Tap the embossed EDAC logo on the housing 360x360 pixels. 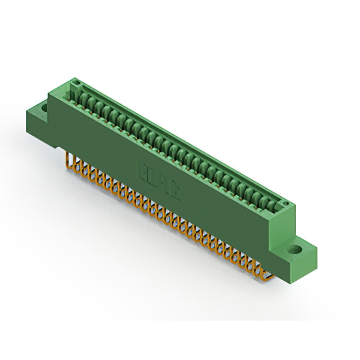pyautogui.click(x=159, y=181)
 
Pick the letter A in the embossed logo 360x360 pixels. pyautogui.click(x=164, y=184)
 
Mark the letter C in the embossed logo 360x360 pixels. pyautogui.click(x=174, y=192)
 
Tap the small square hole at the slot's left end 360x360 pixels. pyautogui.click(x=74, y=85)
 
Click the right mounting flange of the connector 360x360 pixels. pyautogui.click(x=295, y=253)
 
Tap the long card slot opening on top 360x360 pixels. pyautogui.click(x=180, y=141)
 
